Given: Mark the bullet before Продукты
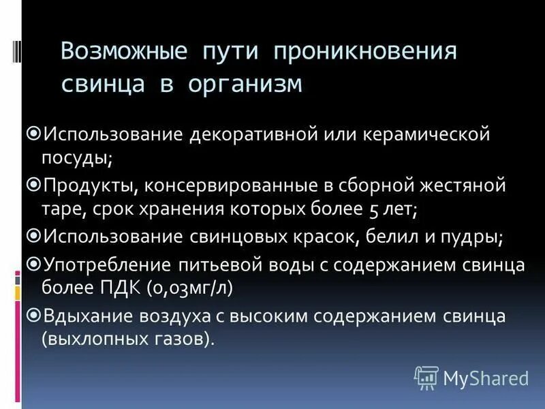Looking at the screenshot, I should [35, 184].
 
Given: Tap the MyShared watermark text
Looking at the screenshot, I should [486, 378].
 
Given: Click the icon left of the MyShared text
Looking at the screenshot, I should [426, 377].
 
